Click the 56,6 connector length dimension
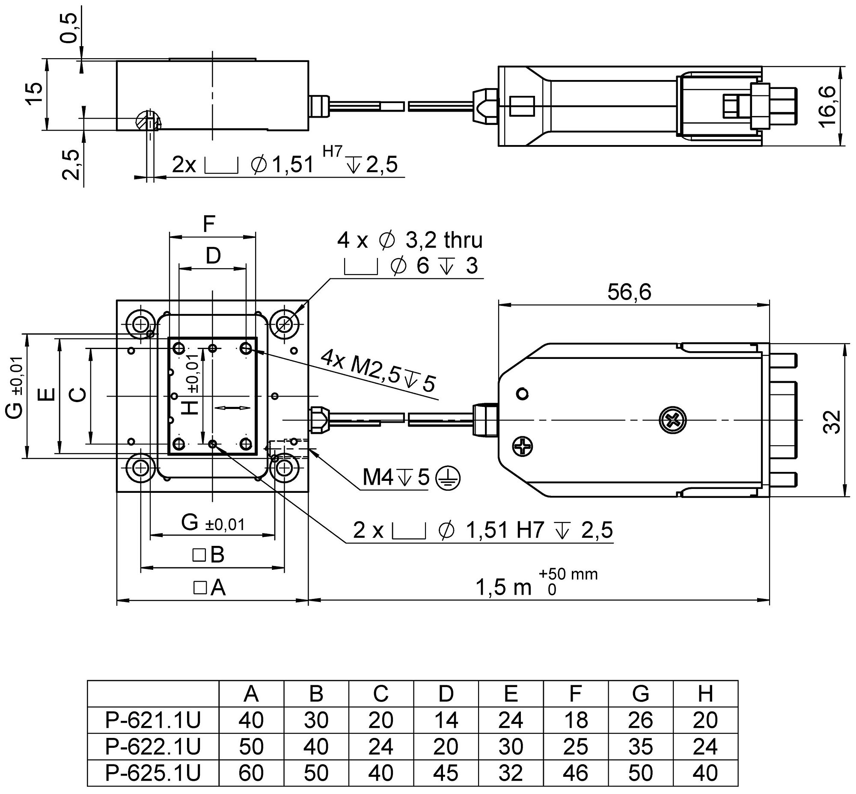point(629,293)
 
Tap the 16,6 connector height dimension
point(826,106)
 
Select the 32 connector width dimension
point(833,422)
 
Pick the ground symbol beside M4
point(448,477)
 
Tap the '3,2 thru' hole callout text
point(444,240)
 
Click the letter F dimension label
point(209,224)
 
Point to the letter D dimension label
point(213,256)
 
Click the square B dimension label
point(209,555)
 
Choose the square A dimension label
point(210,587)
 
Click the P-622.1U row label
point(153,747)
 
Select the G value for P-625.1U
point(640,773)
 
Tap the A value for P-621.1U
point(251,720)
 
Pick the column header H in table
point(705,694)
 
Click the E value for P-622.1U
point(510,747)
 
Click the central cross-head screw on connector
point(672,420)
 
